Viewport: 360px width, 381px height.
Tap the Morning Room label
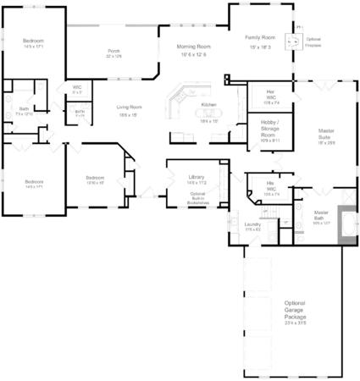coord(194,46)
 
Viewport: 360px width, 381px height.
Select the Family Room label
coord(259,37)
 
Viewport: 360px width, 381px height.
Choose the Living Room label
coord(130,107)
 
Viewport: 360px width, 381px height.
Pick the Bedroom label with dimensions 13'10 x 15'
coord(95,179)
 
